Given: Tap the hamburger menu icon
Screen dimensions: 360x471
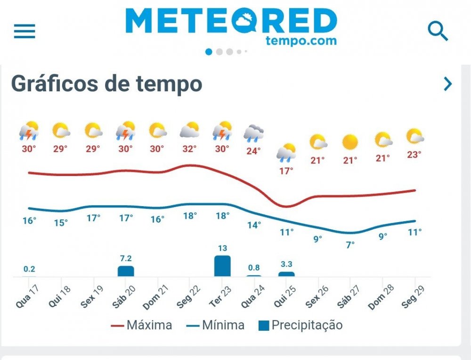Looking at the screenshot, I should [24, 31].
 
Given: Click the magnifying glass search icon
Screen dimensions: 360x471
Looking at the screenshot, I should [438, 31].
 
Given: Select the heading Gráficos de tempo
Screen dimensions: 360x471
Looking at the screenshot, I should [107, 84].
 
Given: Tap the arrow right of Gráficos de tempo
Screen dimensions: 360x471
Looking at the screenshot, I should [447, 84].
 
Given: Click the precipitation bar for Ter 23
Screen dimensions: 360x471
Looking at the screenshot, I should [222, 266].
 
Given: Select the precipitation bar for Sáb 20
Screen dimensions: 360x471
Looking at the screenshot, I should [126, 271].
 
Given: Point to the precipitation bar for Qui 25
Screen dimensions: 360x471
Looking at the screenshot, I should [286, 274].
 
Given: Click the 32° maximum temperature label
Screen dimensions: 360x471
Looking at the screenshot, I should [189, 149].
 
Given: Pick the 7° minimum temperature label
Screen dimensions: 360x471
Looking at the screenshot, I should [350, 245].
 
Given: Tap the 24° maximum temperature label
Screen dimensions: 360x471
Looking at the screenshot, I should [253, 151].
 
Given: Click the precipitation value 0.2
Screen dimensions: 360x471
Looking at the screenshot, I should [29, 269].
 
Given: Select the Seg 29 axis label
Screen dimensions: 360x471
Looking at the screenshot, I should [412, 297].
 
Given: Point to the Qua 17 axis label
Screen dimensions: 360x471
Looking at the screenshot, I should [26, 297].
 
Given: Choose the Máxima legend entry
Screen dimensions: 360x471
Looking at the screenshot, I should [142, 325].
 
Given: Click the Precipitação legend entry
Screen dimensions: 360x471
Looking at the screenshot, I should [300, 325].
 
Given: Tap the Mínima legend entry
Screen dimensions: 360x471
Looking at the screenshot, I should [215, 325].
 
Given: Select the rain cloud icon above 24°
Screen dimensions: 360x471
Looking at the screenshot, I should [253, 133].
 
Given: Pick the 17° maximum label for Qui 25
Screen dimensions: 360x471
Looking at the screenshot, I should [286, 171].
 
